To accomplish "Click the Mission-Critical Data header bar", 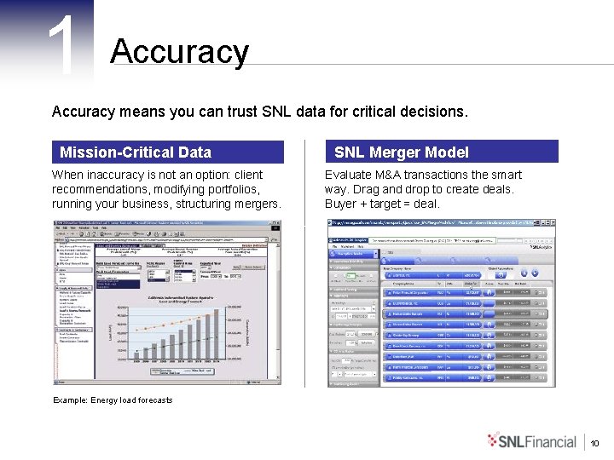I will tap(167, 152).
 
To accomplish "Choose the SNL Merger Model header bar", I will tap(442, 152).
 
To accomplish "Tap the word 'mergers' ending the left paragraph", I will tap(257, 204).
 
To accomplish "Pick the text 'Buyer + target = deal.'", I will tap(382, 204).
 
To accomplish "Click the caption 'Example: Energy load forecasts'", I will tap(113, 400).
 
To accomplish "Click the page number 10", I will tap(595, 443).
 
